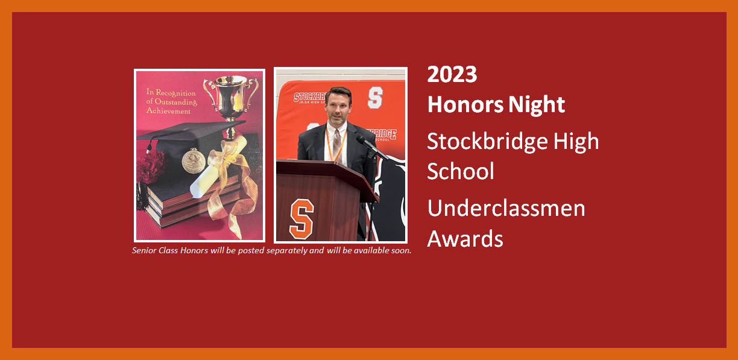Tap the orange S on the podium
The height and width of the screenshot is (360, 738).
coord(301,218)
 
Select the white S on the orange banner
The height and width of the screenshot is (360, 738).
coord(375,97)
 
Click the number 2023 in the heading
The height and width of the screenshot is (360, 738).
coord(452,75)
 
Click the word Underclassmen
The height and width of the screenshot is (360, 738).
coord(506,209)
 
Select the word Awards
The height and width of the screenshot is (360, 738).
coord(465,239)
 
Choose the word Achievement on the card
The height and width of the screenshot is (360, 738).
coord(169,111)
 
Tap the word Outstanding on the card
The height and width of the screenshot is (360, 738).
coord(176,101)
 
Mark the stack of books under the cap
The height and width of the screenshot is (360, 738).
coord(181,202)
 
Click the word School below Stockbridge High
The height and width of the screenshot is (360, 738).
coord(461,171)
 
